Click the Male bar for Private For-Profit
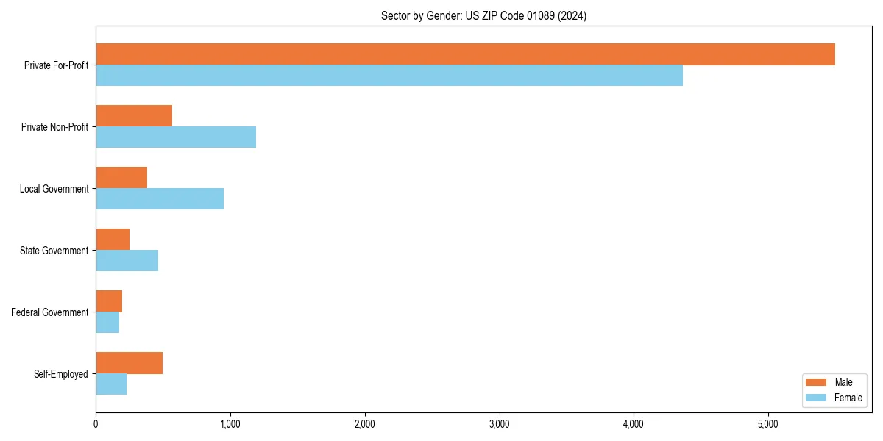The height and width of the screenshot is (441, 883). [465, 54]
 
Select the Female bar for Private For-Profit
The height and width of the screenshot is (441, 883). [389, 76]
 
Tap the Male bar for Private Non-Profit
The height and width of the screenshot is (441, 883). [134, 116]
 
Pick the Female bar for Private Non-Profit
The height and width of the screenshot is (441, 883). [176, 137]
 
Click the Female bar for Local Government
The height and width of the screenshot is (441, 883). [160, 199]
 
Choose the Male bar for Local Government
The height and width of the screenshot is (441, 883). [121, 178]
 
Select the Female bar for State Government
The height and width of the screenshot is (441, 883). [127, 261]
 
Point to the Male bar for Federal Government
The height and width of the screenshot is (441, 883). [109, 301]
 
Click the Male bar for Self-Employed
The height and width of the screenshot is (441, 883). [129, 363]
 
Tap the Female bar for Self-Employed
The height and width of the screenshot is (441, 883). [111, 384]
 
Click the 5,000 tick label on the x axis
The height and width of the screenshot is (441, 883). [768, 424]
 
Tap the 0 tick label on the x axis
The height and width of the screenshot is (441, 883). [96, 424]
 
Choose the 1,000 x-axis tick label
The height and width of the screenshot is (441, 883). [230, 424]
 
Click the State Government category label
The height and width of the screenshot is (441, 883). [54, 251]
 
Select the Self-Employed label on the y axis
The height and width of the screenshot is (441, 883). [60, 374]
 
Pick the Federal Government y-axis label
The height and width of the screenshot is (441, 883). [49, 312]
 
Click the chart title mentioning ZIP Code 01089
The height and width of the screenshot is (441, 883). [483, 15]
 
